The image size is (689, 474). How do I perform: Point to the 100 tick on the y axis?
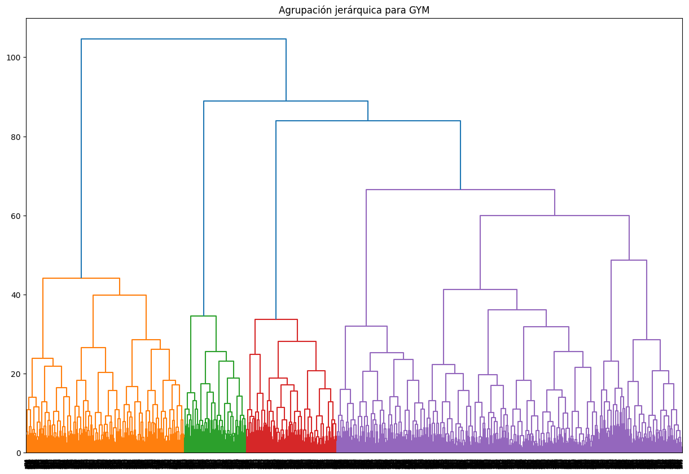point(13,58)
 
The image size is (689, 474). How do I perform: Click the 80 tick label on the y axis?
point(15,137)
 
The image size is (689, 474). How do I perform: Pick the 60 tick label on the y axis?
point(15,216)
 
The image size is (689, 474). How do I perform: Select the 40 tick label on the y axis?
point(15,295)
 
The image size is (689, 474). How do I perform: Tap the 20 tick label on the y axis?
point(15,374)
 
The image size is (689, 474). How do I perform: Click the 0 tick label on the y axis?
point(18,453)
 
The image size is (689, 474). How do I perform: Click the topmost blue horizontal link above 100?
point(183,39)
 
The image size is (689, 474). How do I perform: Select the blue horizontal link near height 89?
point(286,101)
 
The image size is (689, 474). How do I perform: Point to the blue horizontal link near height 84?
point(368,121)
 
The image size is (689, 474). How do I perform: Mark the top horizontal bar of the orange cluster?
point(81,278)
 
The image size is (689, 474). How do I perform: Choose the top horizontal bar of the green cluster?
point(203,316)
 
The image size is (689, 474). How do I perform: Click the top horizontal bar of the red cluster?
point(276,319)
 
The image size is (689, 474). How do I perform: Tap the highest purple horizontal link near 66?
point(460,190)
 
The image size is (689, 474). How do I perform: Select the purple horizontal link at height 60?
point(555,216)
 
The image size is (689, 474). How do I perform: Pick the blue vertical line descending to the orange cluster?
point(81,158)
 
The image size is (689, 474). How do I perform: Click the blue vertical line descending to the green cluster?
point(204,209)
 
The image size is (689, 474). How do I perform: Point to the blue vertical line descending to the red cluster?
point(276,220)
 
